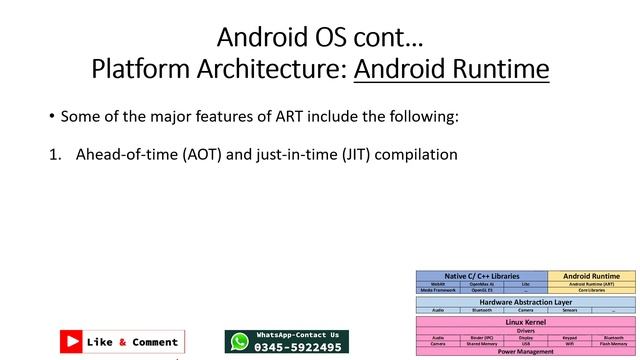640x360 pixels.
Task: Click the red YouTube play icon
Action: pos(71,342)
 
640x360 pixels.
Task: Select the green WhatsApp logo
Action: pos(239,342)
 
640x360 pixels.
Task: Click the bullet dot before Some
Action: pos(51,117)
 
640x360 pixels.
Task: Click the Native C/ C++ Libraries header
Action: pos(481,275)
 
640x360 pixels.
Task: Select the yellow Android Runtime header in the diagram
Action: pos(591,275)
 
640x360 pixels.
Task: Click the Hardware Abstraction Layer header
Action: pos(525,301)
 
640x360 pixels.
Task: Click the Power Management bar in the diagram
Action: pos(525,352)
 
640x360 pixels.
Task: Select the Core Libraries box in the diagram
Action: pos(591,290)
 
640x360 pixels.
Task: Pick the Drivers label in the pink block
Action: pos(525,331)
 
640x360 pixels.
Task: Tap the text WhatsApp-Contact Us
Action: pos(298,335)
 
